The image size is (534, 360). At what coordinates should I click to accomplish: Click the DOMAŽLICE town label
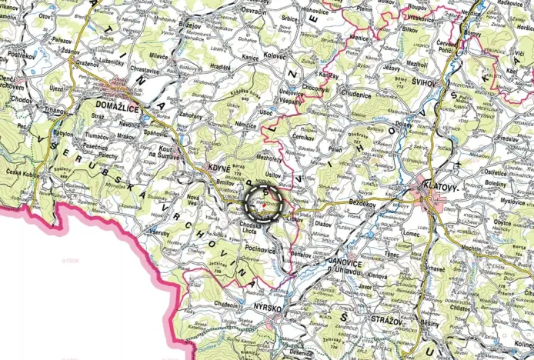[x=117, y=108]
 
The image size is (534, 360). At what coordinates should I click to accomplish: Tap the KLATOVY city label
[x=439, y=186]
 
